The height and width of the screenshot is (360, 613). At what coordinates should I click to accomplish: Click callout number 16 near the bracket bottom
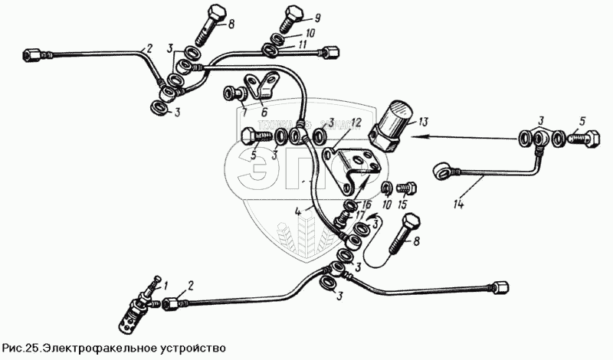[366, 205]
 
